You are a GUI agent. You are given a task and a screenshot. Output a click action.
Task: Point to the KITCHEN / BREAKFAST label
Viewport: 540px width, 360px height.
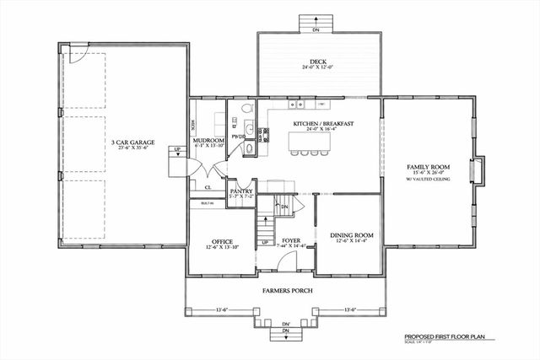(x=322, y=124)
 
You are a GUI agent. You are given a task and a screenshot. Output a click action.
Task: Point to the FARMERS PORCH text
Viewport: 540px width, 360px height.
(x=288, y=291)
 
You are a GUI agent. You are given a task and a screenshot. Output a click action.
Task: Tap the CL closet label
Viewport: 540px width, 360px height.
(x=208, y=187)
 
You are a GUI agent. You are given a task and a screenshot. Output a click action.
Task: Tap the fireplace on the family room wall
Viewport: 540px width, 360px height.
(x=478, y=171)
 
